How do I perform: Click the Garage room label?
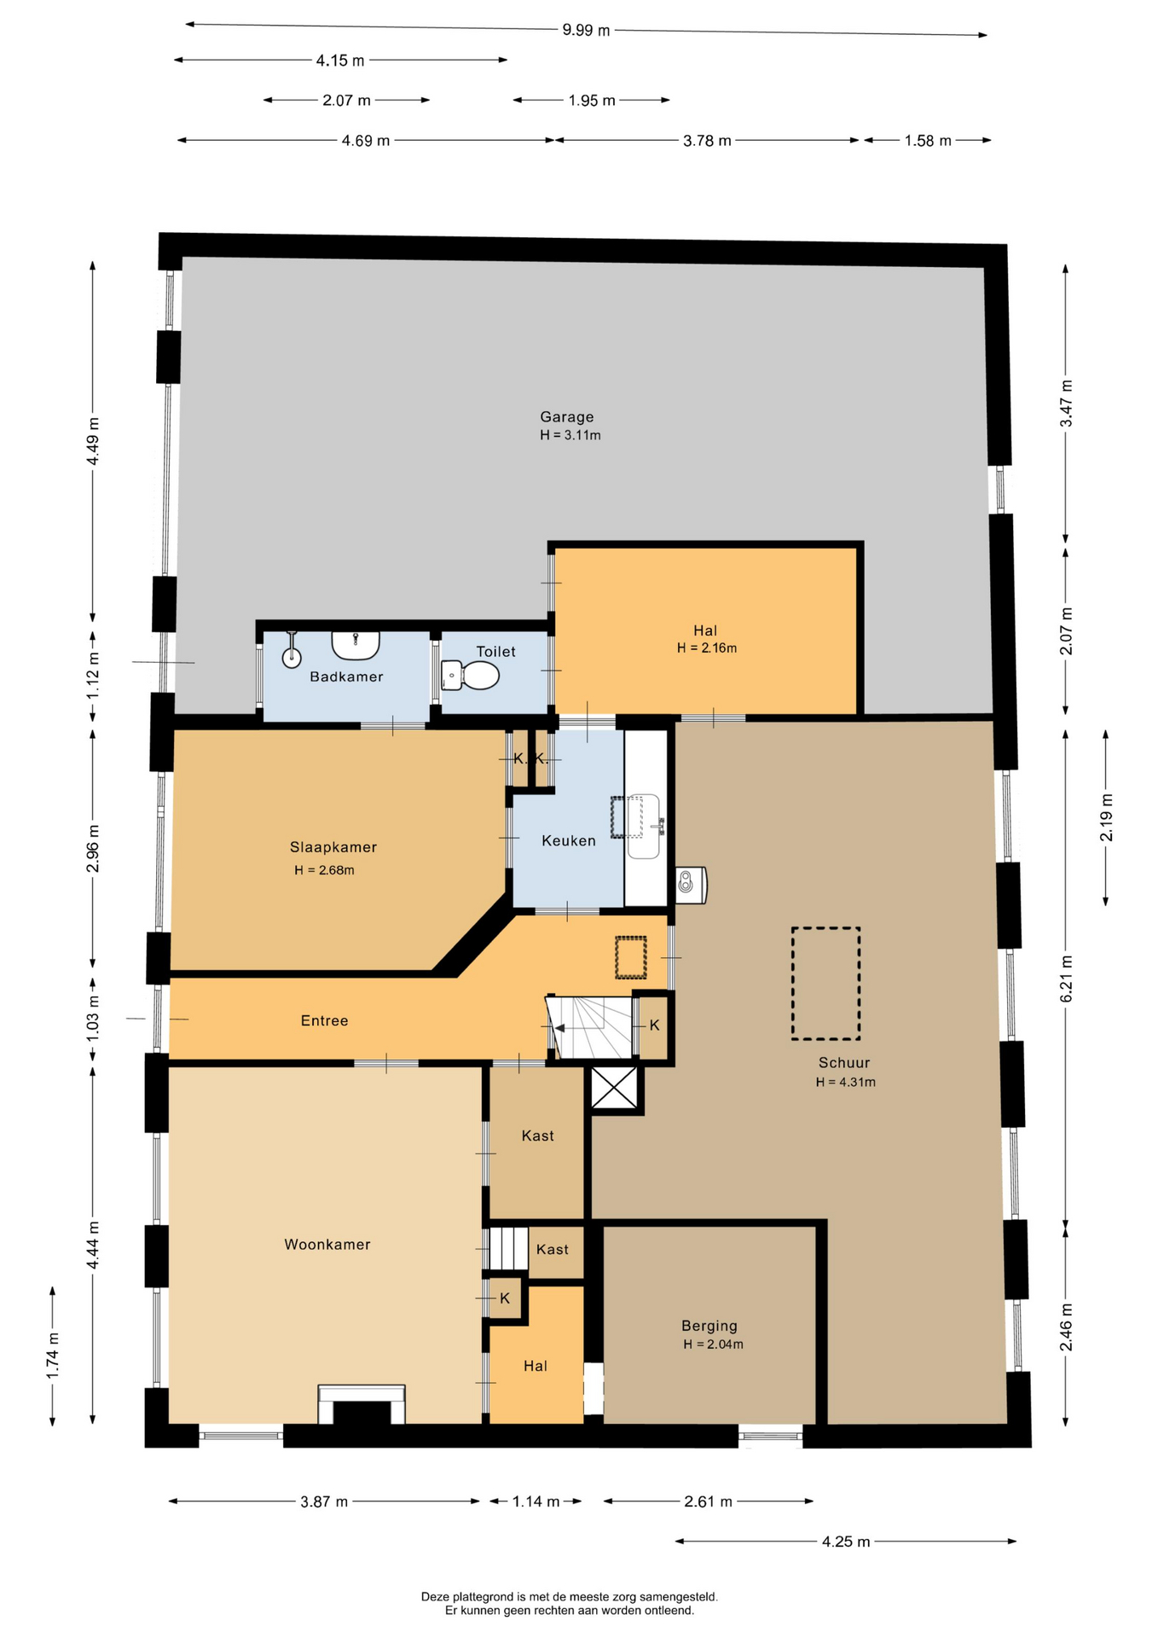tap(567, 417)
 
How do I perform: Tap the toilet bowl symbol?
tap(470, 676)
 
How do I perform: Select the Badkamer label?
tap(346, 677)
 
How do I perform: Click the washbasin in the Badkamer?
tap(356, 645)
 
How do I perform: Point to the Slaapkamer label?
tap(333, 847)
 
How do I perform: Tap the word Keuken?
tap(569, 841)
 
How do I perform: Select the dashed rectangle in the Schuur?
tap(825, 984)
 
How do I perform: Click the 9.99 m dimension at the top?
tap(586, 31)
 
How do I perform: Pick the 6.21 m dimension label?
tap(1066, 979)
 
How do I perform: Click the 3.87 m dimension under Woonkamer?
tap(324, 1501)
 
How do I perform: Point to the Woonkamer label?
tap(327, 1245)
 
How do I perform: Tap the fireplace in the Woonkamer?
tap(361, 1404)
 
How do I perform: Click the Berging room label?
tap(709, 1326)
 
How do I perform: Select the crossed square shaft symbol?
tap(615, 1089)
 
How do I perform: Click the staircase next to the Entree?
tap(590, 1027)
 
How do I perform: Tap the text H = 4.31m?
tap(846, 1082)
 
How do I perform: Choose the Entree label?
tap(324, 1021)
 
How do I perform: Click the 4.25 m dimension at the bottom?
tap(846, 1542)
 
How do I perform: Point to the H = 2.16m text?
tap(707, 648)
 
